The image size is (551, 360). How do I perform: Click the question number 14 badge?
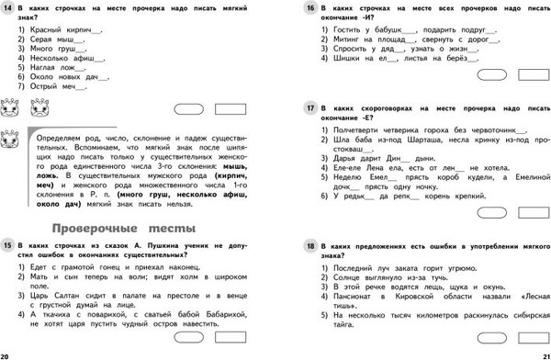click(x=9, y=7)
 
